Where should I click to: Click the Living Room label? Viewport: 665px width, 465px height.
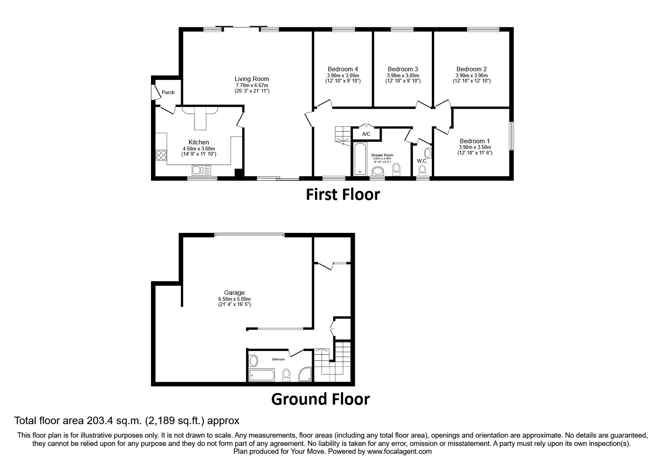pyautogui.click(x=252, y=79)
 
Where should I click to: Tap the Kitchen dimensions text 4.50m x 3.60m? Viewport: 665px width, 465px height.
pyautogui.click(x=199, y=148)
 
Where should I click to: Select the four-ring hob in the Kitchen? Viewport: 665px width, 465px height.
pyautogui.click(x=161, y=155)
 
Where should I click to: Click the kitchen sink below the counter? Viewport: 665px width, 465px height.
pyautogui.click(x=201, y=170)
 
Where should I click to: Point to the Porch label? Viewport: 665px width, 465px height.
pyautogui.click(x=168, y=92)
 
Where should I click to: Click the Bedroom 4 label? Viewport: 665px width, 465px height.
pyautogui.click(x=342, y=69)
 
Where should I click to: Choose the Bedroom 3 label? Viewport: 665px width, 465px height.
pyautogui.click(x=403, y=69)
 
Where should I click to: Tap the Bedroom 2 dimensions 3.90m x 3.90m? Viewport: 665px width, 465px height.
pyautogui.click(x=472, y=75)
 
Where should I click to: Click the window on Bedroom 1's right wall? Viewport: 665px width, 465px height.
pyautogui.click(x=511, y=136)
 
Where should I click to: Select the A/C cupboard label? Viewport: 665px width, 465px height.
pyautogui.click(x=366, y=134)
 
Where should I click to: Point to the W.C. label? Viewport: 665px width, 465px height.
pyautogui.click(x=422, y=161)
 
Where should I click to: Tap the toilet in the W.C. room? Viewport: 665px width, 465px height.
pyautogui.click(x=422, y=171)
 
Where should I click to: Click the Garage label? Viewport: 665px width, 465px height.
pyautogui.click(x=234, y=292)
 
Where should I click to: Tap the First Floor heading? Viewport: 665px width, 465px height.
pyautogui.click(x=342, y=194)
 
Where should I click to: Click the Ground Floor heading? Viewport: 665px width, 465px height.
pyautogui.click(x=320, y=399)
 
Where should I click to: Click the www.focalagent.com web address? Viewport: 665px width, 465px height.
pyautogui.click(x=399, y=451)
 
